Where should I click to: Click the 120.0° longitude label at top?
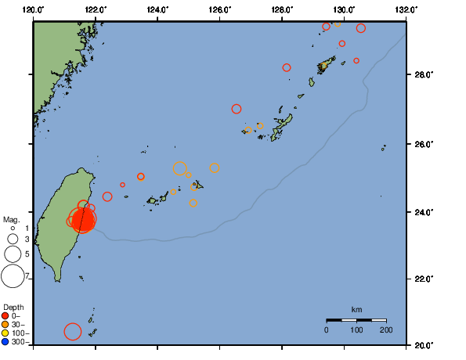33,10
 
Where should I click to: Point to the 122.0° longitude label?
96,10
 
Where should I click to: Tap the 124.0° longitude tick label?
157,10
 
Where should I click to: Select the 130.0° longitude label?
344,10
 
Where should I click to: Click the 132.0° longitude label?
405,10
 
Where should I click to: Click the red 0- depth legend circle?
5,316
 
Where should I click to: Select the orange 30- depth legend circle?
5,325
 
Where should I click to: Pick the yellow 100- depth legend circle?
5,333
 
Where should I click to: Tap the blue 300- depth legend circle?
5,342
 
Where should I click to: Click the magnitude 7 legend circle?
13,275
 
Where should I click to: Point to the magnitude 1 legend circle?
13,228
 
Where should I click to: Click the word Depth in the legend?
13,307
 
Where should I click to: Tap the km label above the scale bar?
356,311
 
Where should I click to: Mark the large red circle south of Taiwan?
72,332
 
